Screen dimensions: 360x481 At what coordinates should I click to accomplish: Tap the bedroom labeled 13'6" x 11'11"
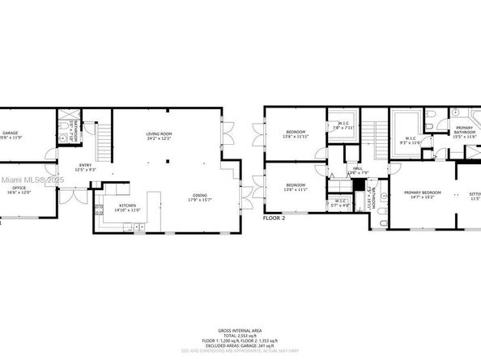click(296, 133)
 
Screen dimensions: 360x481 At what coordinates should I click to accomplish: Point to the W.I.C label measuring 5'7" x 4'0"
click(338, 202)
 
